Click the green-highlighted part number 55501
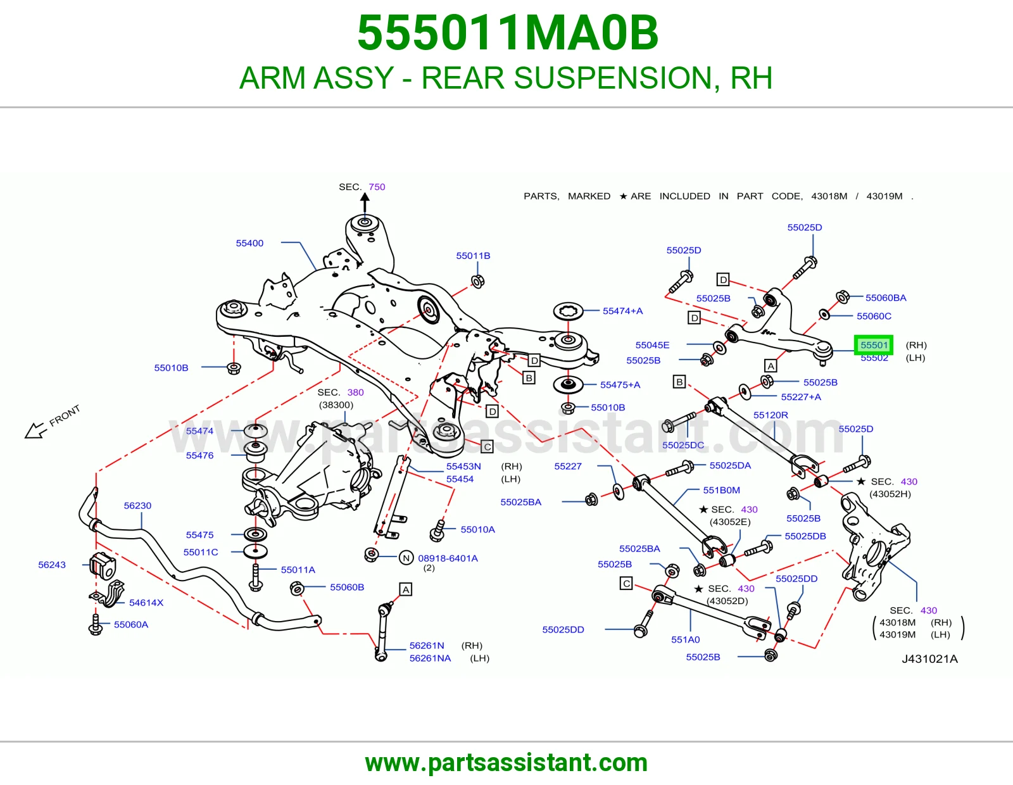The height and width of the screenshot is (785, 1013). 874,345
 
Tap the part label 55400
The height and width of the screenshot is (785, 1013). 249,243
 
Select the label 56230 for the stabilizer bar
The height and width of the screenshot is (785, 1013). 137,505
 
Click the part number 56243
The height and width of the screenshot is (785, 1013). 52,565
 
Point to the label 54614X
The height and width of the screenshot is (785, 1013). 146,602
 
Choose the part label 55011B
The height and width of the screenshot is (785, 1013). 473,256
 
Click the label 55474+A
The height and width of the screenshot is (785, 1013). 623,310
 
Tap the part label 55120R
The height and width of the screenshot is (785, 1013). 771,415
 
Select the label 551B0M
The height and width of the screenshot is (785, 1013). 722,490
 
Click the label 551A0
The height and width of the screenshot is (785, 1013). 685,639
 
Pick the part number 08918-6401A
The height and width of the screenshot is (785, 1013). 448,558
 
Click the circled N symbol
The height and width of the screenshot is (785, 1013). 406,558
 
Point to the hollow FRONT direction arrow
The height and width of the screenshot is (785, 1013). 36,430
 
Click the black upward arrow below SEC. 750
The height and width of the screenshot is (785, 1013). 365,203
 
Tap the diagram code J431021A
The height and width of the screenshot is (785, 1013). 929,658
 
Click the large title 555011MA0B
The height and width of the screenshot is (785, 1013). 508,33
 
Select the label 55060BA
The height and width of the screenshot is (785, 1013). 886,298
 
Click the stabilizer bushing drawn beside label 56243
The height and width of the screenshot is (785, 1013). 103,565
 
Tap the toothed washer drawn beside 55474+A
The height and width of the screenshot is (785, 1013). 568,311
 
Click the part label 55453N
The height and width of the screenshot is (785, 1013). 463,466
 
